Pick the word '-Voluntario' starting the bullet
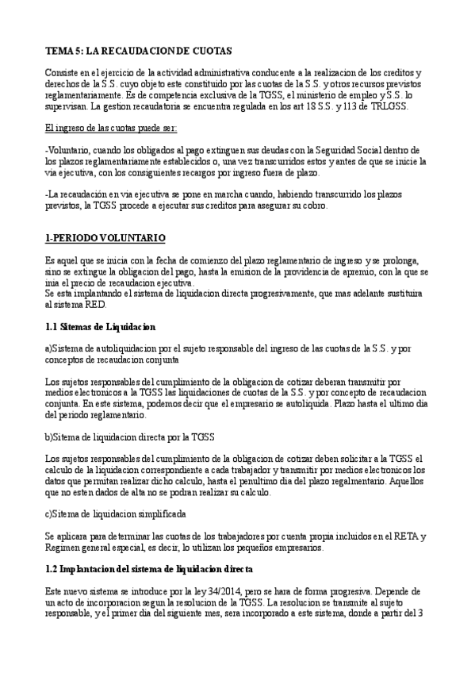(67, 150)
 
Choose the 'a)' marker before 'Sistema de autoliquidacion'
(49, 348)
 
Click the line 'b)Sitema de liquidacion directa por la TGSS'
(130, 436)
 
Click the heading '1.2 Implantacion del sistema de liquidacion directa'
(149, 569)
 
